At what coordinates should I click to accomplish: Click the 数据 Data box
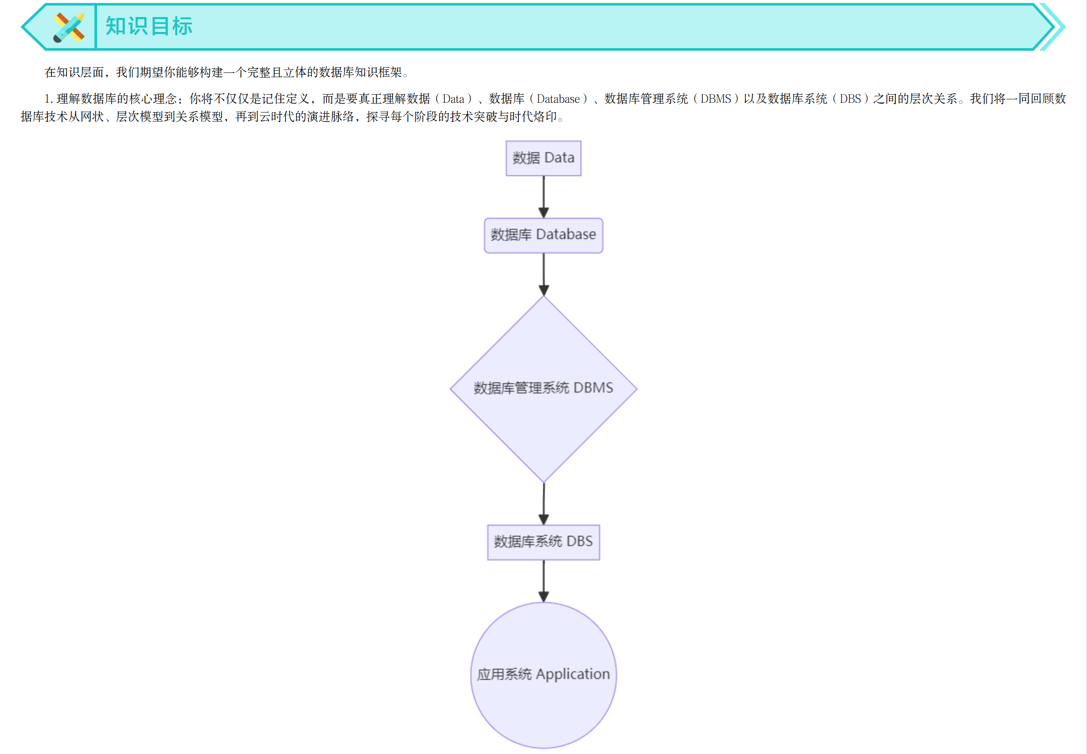[x=543, y=158]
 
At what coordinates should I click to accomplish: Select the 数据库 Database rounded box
[x=543, y=235]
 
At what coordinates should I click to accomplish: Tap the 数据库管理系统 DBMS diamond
[x=543, y=389]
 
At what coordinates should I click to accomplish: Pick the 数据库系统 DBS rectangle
[x=543, y=542]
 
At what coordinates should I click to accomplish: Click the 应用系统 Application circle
[x=543, y=675]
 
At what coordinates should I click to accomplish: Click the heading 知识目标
[x=149, y=26]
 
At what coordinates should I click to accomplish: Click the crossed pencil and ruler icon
[x=69, y=27]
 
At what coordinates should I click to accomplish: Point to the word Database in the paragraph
[x=558, y=99]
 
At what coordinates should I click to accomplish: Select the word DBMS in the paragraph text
[x=716, y=99]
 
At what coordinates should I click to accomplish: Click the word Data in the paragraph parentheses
[x=453, y=99]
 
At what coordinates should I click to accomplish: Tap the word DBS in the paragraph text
[x=850, y=99]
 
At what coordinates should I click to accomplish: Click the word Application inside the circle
[x=572, y=675]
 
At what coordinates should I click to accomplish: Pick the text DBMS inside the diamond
[x=593, y=388]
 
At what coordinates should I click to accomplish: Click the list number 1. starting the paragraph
[x=49, y=99]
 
